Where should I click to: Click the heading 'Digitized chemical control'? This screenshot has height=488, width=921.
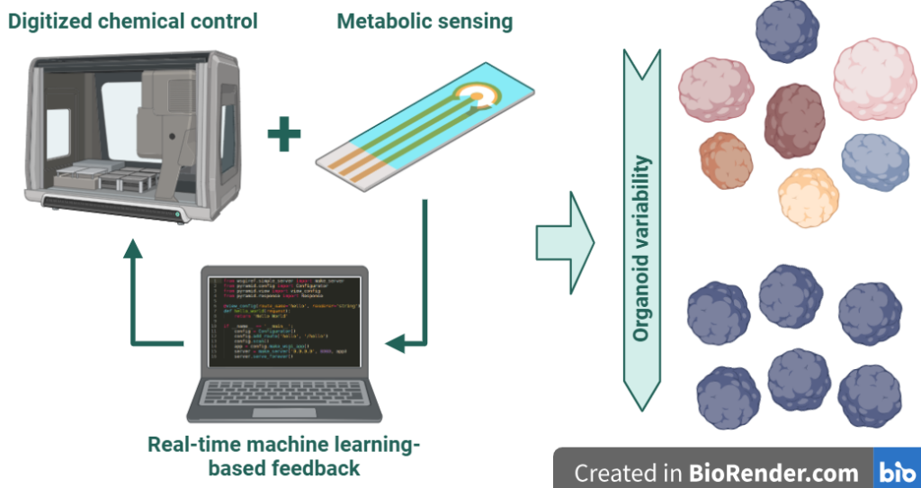click(x=133, y=20)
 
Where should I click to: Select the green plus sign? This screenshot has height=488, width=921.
click(x=284, y=136)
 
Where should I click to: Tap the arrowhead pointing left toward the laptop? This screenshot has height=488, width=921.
click(x=393, y=343)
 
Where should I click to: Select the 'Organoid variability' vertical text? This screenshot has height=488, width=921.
click(x=641, y=249)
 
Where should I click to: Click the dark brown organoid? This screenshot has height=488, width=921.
click(x=794, y=121)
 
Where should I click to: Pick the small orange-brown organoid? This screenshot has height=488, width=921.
click(x=726, y=160)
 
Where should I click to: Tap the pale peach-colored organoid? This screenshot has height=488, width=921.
click(x=808, y=197)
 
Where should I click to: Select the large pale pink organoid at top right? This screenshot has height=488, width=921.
click(x=874, y=78)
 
